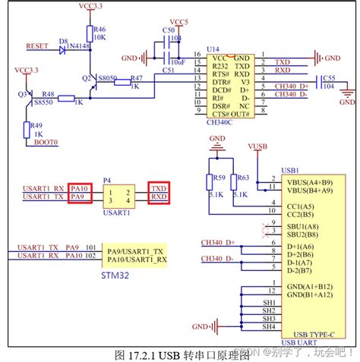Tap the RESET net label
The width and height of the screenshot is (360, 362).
point(37,46)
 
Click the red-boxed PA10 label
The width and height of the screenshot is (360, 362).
point(79,187)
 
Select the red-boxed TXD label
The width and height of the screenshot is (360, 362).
point(159,187)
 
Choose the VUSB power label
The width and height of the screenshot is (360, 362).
point(257,145)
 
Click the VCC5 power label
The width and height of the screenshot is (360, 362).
point(179,23)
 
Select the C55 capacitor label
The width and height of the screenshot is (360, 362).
point(329,78)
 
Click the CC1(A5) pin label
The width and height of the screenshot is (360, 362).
point(302,206)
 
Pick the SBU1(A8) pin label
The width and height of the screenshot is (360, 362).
point(303,227)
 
